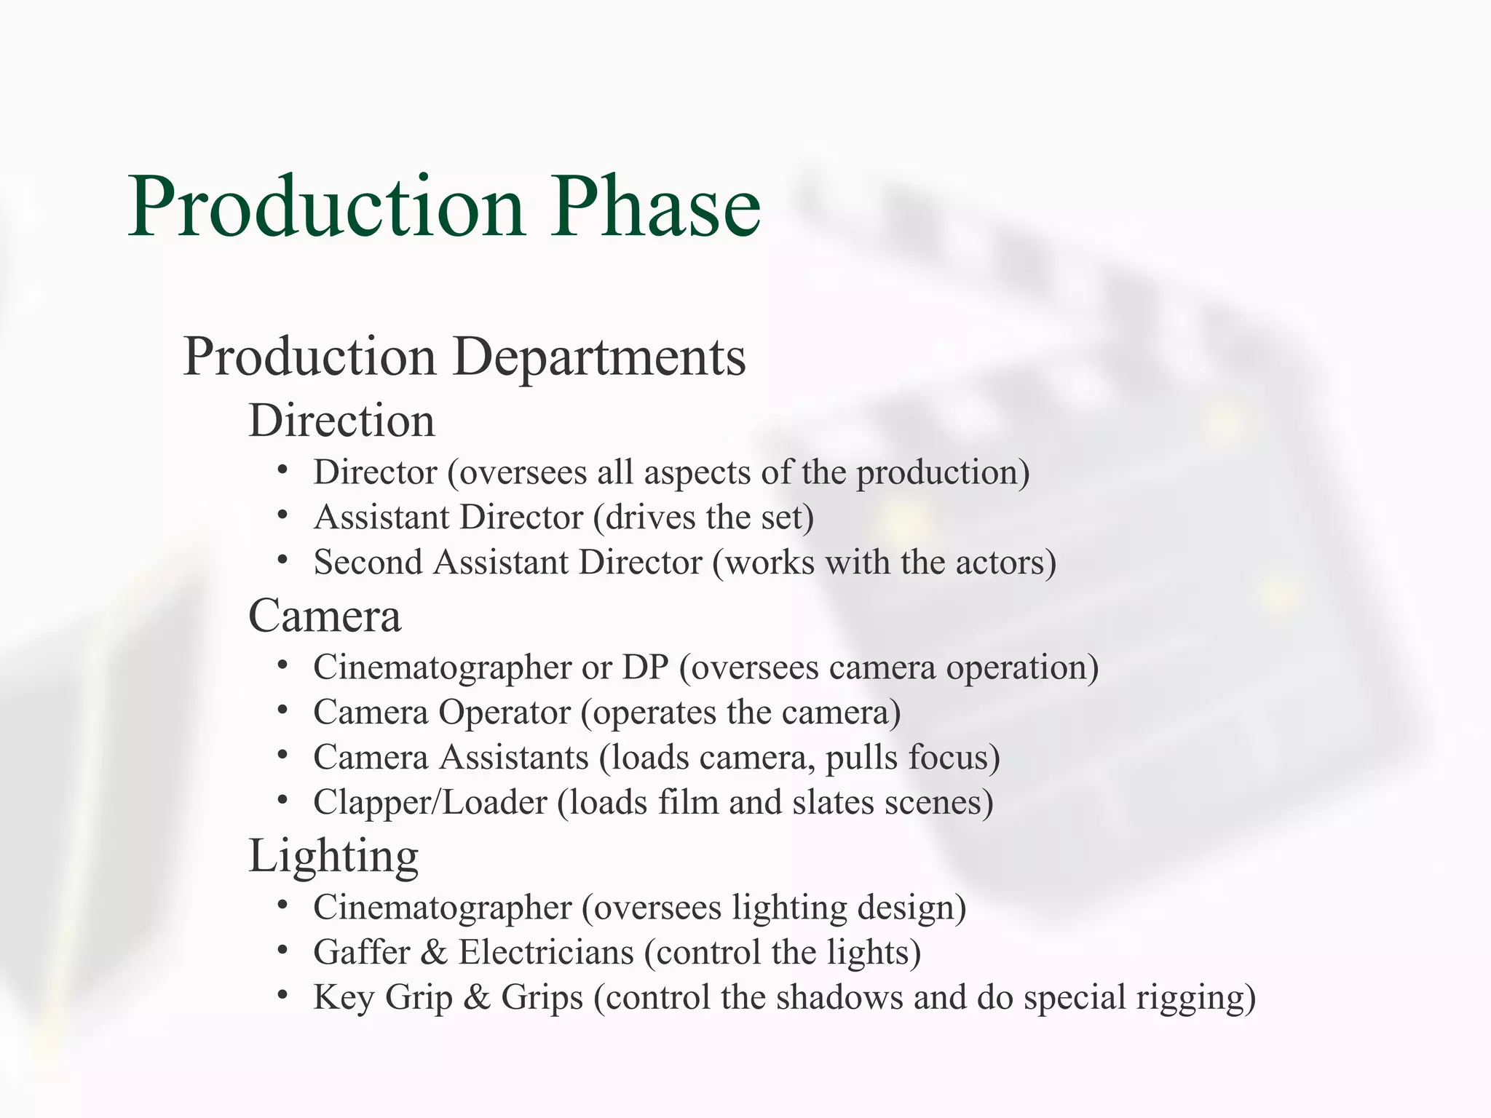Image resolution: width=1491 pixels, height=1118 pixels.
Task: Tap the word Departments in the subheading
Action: click(599, 357)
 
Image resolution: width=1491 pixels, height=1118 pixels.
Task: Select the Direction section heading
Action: click(341, 421)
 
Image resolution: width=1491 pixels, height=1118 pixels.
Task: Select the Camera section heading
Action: click(325, 616)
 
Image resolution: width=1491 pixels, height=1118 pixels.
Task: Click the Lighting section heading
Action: click(333, 856)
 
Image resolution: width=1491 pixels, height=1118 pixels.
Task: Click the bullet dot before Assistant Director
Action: click(283, 516)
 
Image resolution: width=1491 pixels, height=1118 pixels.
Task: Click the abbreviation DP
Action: click(645, 667)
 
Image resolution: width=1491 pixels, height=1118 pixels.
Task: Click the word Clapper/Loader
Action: click(430, 803)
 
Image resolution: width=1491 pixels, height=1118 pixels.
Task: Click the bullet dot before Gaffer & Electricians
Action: click(283, 950)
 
